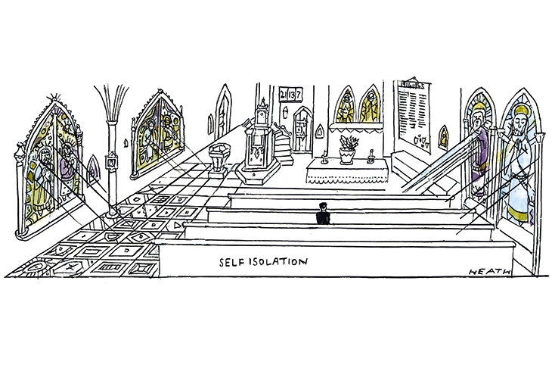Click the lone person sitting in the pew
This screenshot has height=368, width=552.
click(323, 215)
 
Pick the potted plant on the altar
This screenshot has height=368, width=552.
click(347, 148)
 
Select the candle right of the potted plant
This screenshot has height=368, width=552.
click(372, 157)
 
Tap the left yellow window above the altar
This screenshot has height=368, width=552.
click(344, 107)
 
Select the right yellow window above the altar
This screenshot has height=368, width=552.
click(370, 107)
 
